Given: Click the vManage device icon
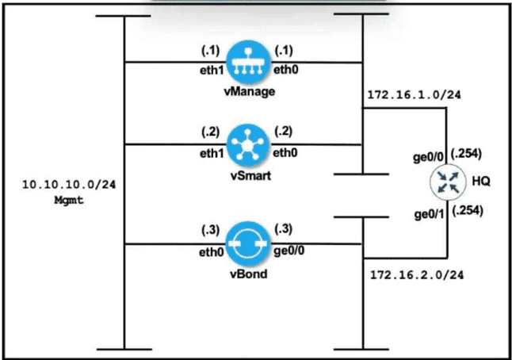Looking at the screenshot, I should [x=247, y=61].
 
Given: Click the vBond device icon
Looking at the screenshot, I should [x=247, y=244].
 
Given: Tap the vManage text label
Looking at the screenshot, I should [x=248, y=91].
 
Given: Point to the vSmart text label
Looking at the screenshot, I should [x=248, y=176].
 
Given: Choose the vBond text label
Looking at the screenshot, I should [x=248, y=274].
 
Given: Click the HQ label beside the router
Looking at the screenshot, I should [x=481, y=182].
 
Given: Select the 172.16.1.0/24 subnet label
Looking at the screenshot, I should [x=415, y=95].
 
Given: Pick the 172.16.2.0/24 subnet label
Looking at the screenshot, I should [x=416, y=276].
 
